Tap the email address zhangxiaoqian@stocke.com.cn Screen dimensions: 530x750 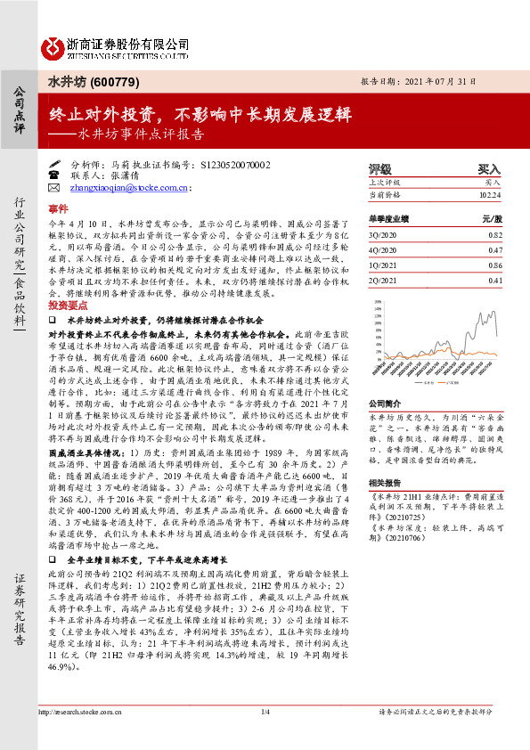128,188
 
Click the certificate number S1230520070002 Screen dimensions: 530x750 229,166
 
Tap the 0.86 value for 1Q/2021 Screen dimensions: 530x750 495,265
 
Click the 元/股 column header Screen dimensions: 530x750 493,217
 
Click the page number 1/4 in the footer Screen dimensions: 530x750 265,737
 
